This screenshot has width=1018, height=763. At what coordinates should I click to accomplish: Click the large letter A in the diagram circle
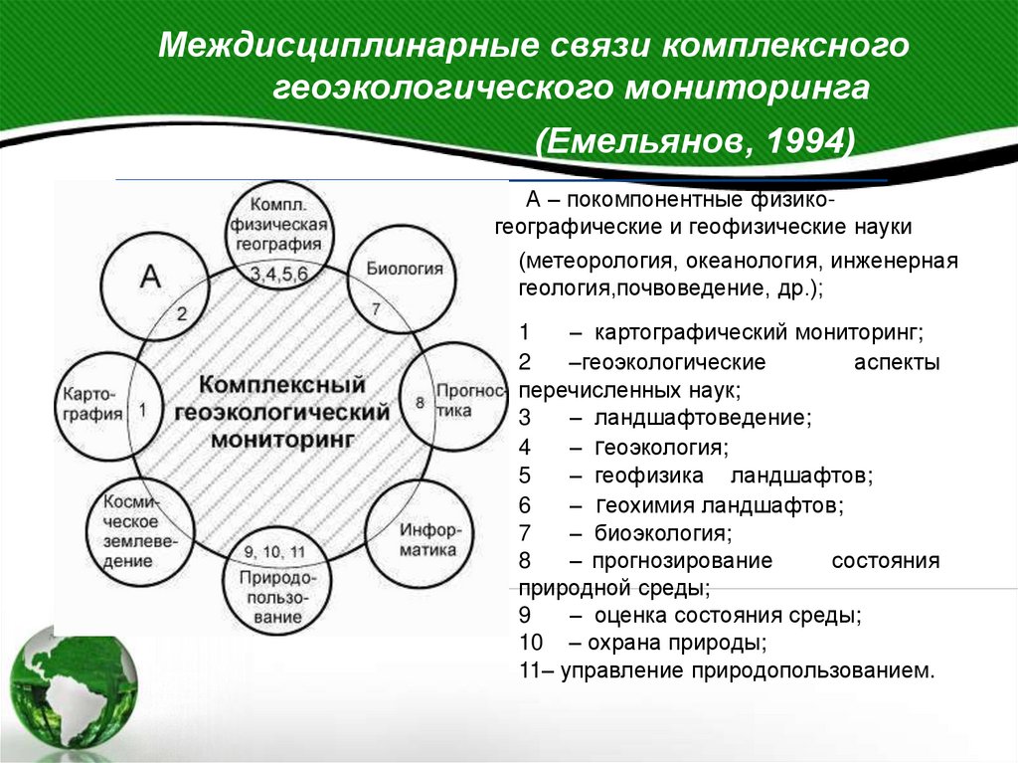pos(150,276)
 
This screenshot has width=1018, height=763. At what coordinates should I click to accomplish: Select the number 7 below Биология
pos(376,309)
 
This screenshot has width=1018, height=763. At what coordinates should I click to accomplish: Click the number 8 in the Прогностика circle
pos(420,403)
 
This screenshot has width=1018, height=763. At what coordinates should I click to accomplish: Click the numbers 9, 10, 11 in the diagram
pos(272,553)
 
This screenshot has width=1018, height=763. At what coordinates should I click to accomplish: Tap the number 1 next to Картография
pos(143,408)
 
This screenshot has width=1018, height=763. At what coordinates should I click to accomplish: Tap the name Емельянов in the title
pos(649,139)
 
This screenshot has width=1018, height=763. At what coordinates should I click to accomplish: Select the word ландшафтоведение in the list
pos(704,417)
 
